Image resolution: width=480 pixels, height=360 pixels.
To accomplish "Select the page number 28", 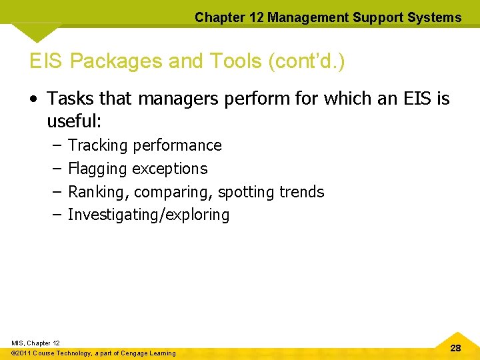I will (x=456, y=348).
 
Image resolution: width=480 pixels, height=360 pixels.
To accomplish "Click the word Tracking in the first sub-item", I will (x=98, y=145).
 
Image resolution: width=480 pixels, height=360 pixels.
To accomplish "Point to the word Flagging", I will (x=98, y=169).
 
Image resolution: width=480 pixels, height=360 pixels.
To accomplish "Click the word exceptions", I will (x=170, y=169).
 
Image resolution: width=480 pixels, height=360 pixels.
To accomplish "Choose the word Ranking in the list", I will (x=99, y=192).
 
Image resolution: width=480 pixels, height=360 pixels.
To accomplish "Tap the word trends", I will (x=301, y=192).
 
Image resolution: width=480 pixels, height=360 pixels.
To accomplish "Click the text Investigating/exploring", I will (x=149, y=215).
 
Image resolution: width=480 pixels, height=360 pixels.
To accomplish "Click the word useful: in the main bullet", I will (x=73, y=121).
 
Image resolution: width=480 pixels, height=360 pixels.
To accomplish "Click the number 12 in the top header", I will (x=255, y=17).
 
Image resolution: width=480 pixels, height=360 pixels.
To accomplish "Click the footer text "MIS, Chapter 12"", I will (x=35, y=343).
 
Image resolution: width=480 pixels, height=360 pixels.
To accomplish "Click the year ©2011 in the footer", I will (x=23, y=353).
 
